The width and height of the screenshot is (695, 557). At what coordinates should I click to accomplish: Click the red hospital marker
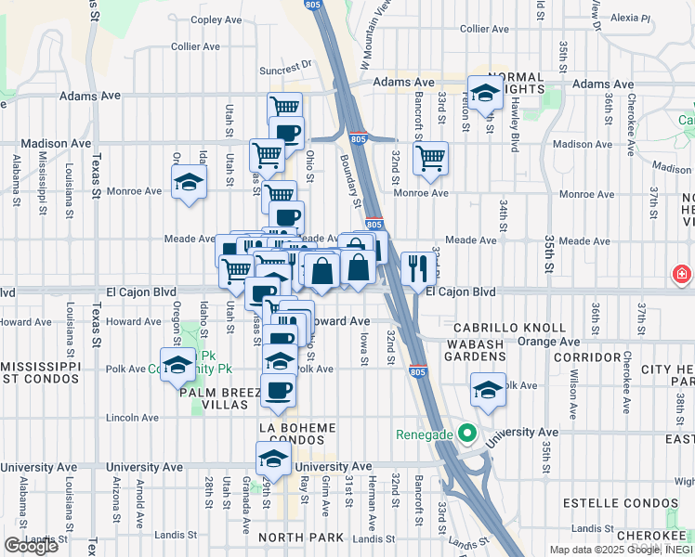pos(682,275)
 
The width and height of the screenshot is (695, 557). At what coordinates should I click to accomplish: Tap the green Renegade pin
pos(469,434)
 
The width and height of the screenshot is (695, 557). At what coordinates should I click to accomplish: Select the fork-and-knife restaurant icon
pos(416,268)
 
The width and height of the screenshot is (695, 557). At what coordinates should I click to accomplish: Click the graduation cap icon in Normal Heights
pos(484,92)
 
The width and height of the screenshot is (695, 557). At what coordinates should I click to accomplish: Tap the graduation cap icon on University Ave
pos(272,459)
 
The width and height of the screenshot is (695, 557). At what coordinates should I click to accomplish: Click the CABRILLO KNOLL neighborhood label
pos(509,328)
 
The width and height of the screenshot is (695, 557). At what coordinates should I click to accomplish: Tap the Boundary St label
pos(354,182)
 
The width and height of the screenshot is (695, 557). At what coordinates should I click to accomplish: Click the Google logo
pos(31,545)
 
